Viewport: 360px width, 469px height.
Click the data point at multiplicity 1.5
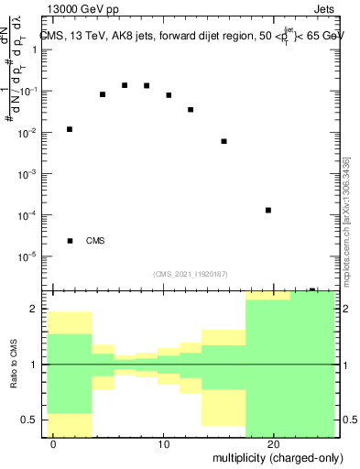point(70,129)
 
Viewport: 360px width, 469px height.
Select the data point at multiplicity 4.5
point(103,94)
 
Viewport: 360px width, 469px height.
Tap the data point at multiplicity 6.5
point(125,85)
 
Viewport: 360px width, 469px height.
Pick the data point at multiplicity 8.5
point(147,86)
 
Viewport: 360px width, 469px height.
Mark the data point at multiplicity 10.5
point(169,95)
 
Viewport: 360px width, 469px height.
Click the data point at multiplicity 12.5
point(191,110)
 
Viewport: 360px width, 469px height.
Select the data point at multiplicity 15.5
point(224,141)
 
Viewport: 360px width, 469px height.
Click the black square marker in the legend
point(70,241)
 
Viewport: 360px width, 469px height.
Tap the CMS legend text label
point(95,241)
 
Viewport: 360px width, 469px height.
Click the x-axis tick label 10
point(163,443)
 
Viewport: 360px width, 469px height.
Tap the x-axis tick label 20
point(273,443)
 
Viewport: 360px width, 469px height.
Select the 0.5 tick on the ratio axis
point(35,420)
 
